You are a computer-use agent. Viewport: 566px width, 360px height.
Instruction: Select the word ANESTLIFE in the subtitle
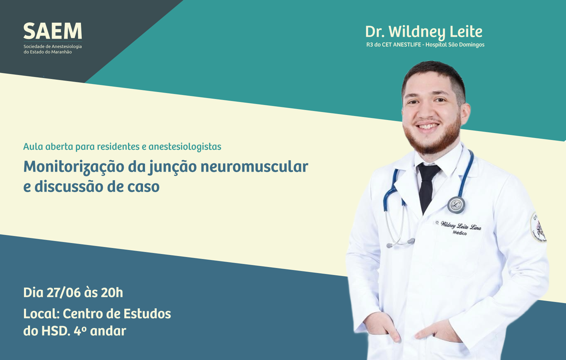(x=407, y=45)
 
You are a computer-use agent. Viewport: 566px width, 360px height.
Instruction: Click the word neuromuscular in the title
(x=254, y=167)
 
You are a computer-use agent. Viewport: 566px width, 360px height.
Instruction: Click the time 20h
(x=112, y=293)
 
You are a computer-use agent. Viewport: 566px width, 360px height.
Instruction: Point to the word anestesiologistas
(x=185, y=147)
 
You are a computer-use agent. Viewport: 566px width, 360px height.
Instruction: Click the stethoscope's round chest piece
(x=456, y=205)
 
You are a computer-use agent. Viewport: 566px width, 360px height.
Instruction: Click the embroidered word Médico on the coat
(x=460, y=233)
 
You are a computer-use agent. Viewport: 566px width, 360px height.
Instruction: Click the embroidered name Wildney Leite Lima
(x=461, y=225)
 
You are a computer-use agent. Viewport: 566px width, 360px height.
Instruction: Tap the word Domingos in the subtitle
(x=473, y=45)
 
